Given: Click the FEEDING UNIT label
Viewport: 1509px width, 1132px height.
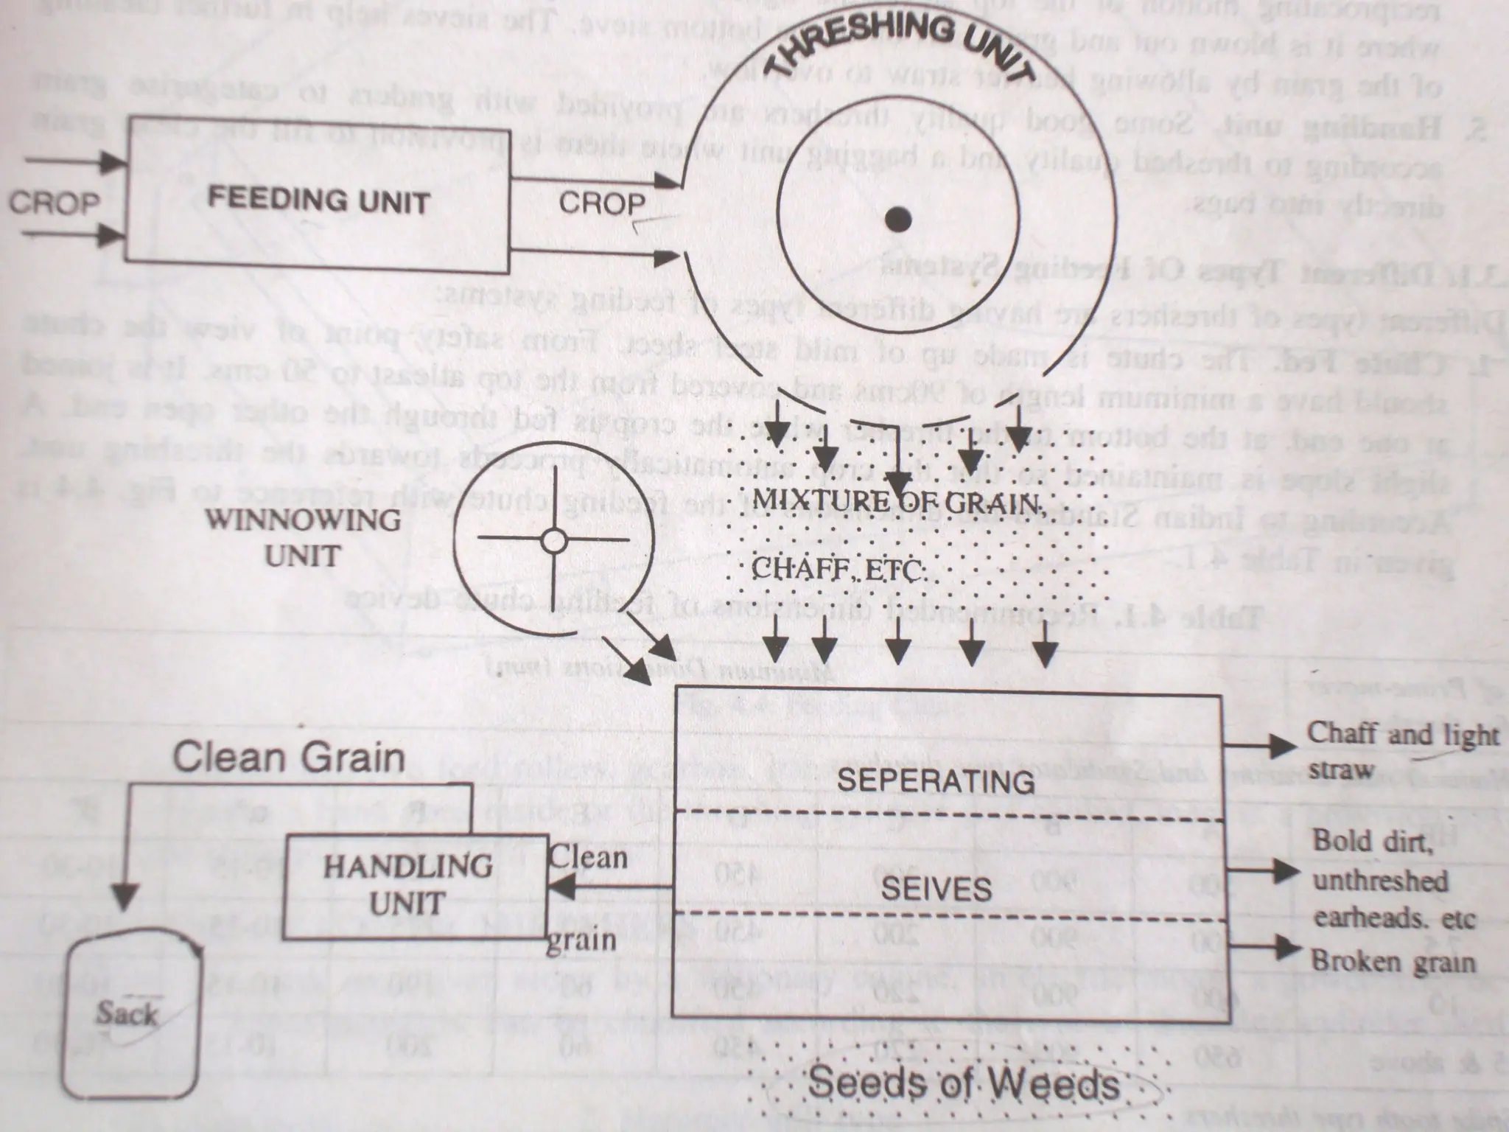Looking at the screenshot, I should tap(318, 200).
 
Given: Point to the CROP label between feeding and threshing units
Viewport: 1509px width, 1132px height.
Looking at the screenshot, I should tap(602, 203).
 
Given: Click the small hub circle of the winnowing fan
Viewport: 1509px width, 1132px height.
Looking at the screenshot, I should tap(553, 541).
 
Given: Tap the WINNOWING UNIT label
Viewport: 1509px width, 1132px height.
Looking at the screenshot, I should tap(303, 538).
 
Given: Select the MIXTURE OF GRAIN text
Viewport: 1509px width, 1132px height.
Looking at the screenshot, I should tap(895, 503).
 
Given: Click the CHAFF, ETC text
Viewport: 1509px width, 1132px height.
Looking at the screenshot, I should tap(838, 570).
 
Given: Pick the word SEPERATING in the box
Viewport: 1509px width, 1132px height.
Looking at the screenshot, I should tap(936, 780).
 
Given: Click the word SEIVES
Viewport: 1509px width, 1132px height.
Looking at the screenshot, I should tap(936, 890).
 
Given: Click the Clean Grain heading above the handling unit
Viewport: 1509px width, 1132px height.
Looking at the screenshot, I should tap(289, 758).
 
